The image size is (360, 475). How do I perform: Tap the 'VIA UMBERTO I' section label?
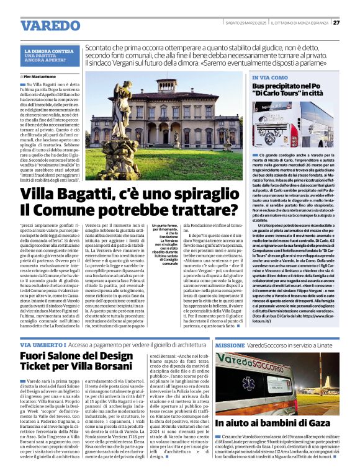42,344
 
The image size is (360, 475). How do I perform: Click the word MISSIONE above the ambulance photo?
230,344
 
